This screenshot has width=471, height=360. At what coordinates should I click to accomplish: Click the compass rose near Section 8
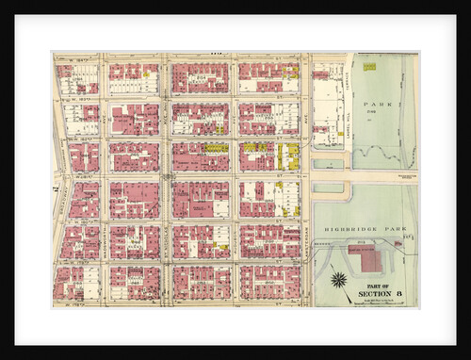[338, 279]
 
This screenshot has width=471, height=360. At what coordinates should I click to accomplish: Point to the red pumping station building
[365, 255]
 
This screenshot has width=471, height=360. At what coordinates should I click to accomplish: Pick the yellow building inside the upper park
[369, 67]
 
